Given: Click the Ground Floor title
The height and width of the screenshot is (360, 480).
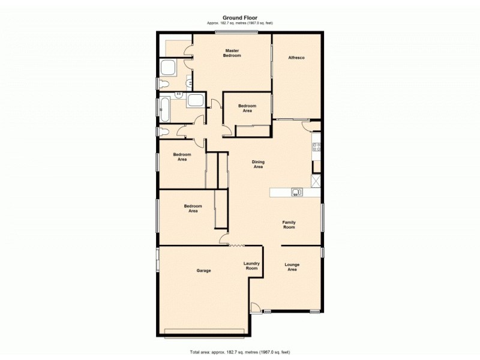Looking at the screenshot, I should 240,17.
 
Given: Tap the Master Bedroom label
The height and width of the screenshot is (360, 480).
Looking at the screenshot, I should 232,53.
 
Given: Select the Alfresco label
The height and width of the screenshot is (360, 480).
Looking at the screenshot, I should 297,57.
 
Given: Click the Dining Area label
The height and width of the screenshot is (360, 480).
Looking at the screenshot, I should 257,164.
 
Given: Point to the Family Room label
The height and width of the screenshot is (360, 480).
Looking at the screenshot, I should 289,225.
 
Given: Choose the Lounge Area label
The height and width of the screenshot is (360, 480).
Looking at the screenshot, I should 292,267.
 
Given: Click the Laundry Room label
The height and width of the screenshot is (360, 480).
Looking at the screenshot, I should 251,266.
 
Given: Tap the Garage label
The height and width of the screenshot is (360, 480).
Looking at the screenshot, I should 203,271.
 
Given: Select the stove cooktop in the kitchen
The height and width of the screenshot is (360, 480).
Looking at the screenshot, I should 316,146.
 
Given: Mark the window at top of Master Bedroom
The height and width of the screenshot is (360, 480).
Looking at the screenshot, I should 237,32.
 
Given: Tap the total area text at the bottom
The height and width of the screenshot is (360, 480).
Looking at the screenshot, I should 240,352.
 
